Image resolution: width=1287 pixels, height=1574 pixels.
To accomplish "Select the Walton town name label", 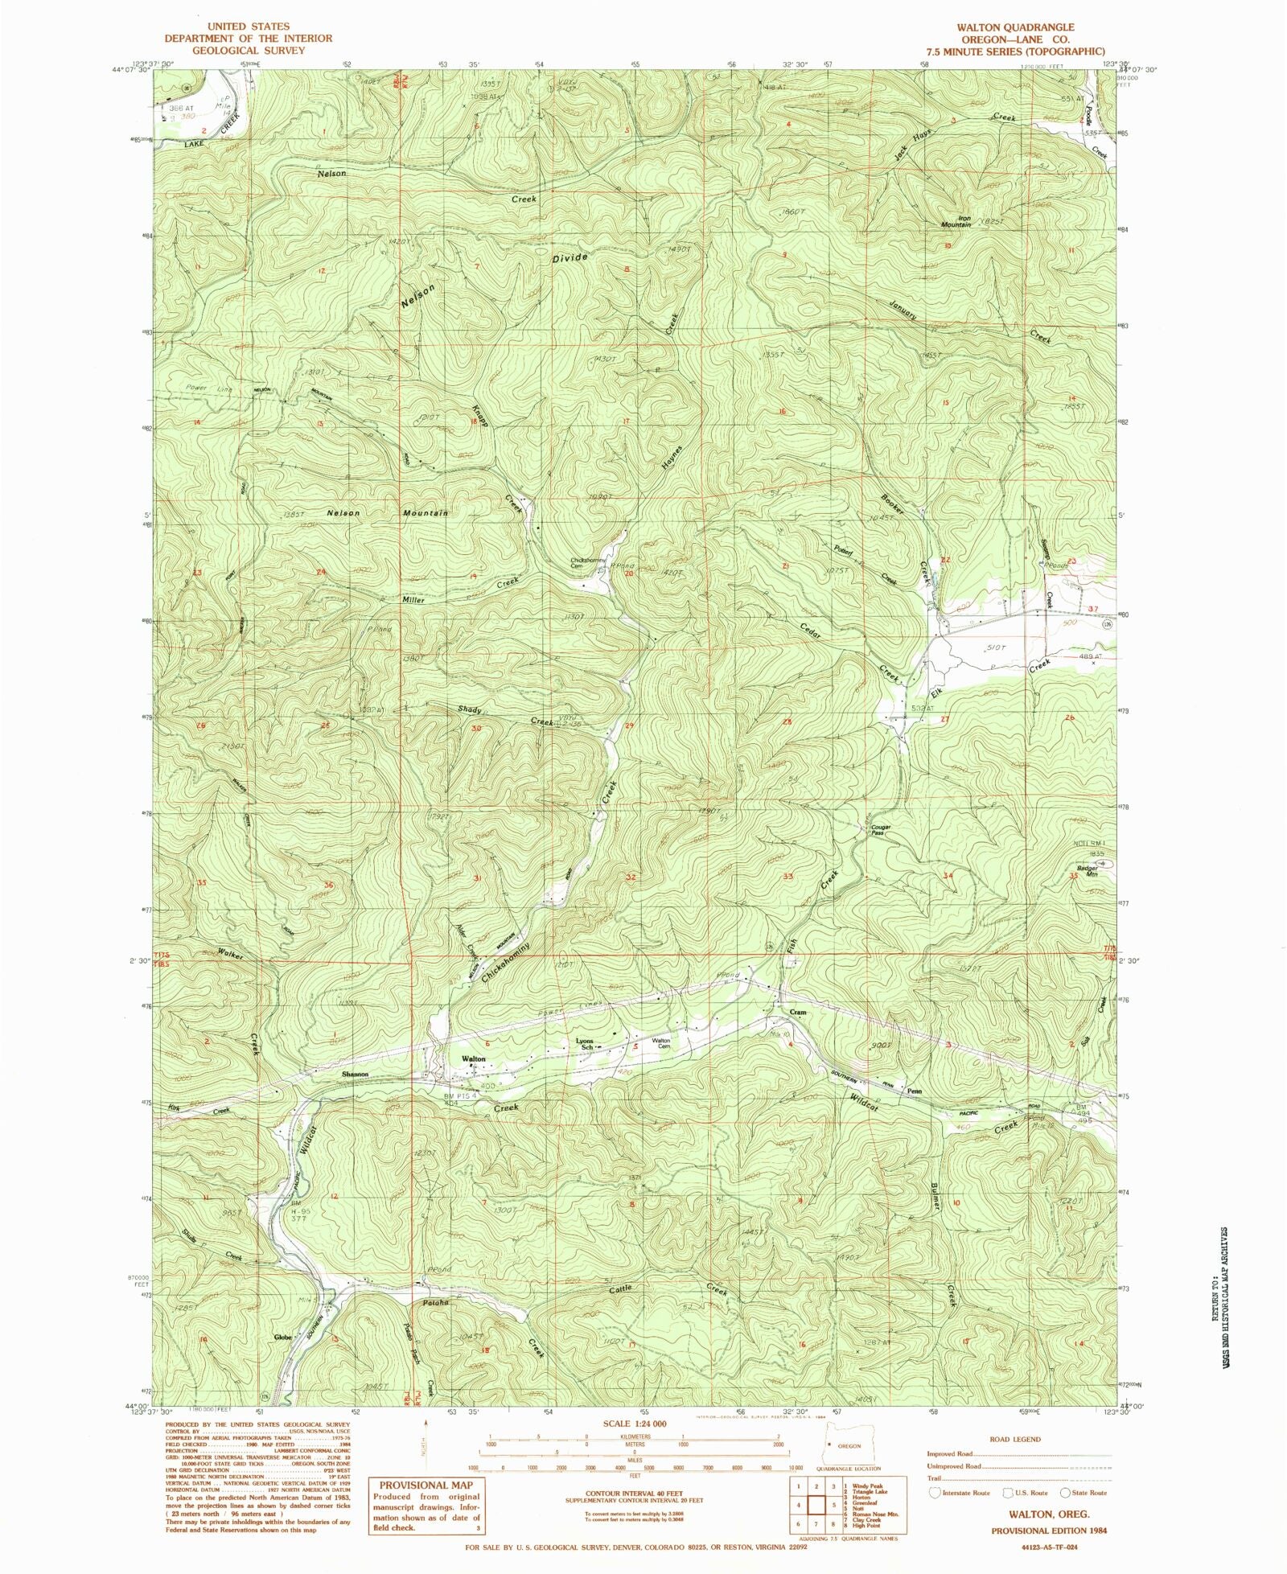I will click(x=473, y=1059).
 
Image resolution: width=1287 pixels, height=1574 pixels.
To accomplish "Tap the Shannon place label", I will click(x=355, y=1074).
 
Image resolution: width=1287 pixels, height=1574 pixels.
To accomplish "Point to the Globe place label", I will click(x=282, y=1338).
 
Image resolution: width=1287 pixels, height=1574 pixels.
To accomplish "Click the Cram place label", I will click(x=797, y=1013).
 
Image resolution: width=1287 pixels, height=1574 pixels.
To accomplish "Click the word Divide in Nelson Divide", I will click(x=569, y=259).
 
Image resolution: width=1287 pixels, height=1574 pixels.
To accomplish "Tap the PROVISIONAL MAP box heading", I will click(x=426, y=1485).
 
